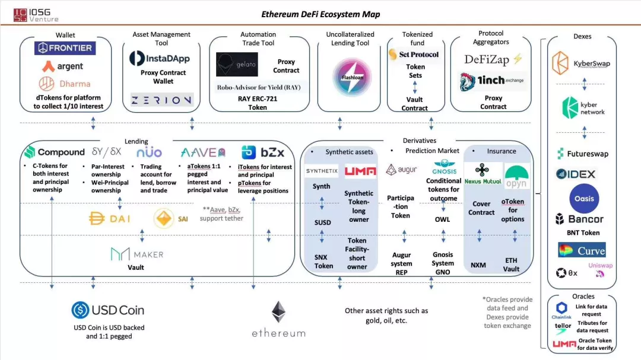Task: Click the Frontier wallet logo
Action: pyautogui.click(x=65, y=48)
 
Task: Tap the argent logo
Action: pyautogui.click(x=62, y=66)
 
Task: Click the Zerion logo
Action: pyautogui.click(x=161, y=100)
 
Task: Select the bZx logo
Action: pyautogui.click(x=259, y=152)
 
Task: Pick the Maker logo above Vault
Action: pyautogui.click(x=137, y=254)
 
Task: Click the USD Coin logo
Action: pyautogui.click(x=108, y=310)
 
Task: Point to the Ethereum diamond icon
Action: pyautogui.click(x=278, y=312)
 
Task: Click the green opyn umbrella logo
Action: pyautogui.click(x=516, y=176)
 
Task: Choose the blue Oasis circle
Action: pyautogui.click(x=584, y=199)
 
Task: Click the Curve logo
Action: pyautogui.click(x=582, y=250)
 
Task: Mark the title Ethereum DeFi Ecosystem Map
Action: pyautogui.click(x=320, y=14)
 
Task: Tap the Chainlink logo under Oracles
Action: pyautogui.click(x=562, y=309)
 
